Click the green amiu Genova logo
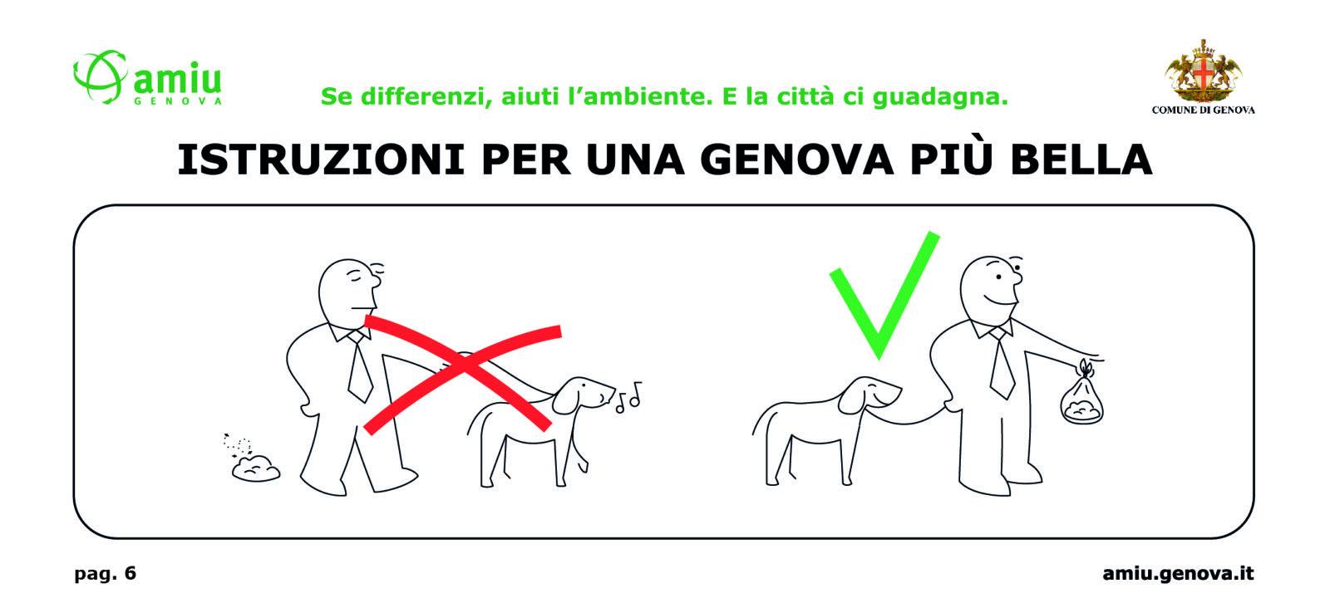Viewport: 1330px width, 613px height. pos(147,78)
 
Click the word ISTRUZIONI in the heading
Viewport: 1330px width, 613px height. pos(321,159)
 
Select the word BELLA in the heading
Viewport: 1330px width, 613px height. pos(1081,159)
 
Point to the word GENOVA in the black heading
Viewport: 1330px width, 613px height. pos(797,159)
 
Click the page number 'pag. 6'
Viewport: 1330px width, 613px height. pos(105,573)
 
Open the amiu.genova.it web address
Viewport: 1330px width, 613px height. pos(1178,573)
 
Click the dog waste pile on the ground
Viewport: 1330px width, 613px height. pos(256,468)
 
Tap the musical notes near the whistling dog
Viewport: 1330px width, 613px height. pos(629,397)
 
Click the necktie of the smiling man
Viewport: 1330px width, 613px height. pos(1001,363)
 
